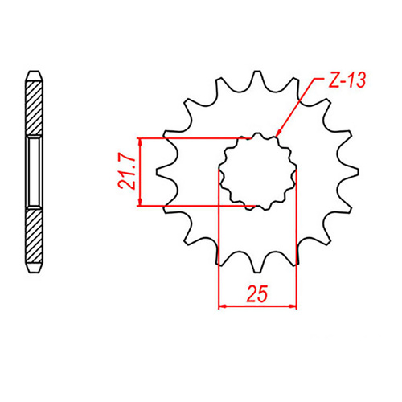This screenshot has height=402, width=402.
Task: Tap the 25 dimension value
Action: click(x=257, y=294)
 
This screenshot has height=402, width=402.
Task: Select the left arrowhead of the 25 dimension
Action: click(x=222, y=306)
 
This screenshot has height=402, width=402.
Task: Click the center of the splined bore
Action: click(x=257, y=170)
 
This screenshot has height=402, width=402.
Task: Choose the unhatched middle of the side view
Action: click(x=33, y=170)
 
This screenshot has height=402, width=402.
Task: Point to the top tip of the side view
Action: click(x=33, y=73)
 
